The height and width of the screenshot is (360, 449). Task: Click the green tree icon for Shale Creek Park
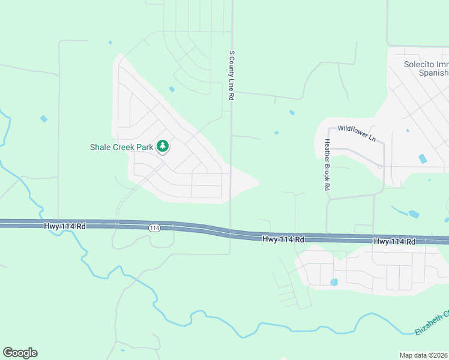[162, 146]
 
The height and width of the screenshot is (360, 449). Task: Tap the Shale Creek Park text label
[122, 146]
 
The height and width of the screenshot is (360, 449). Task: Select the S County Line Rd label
[231, 75]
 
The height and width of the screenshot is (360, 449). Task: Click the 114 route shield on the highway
[154, 227]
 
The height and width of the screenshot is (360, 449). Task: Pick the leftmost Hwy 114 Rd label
[65, 226]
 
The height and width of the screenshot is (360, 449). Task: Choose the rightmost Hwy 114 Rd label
[394, 241]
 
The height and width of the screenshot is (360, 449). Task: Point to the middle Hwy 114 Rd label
[283, 239]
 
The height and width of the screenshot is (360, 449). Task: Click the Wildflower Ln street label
[356, 132]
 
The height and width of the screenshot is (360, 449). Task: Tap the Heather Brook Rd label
[327, 165]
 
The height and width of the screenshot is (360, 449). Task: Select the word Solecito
[422, 64]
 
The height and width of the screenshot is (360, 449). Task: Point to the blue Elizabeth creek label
[432, 323]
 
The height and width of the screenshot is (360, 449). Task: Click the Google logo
[20, 353]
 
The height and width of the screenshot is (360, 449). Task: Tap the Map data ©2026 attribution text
[423, 355]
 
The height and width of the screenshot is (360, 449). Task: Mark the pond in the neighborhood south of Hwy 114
[334, 281]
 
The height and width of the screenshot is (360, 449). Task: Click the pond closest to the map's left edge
[44, 119]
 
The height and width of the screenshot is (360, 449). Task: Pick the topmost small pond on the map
[110, 43]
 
